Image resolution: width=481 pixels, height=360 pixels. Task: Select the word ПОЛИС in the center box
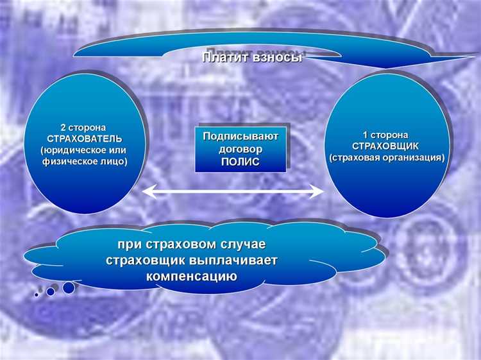(240, 161)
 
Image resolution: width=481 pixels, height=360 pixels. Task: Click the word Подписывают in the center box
(240, 136)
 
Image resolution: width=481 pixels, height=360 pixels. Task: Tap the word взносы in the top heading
(280, 58)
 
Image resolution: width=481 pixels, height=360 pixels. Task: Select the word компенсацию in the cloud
(192, 277)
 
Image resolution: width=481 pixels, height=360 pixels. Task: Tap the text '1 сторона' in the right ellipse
(386, 135)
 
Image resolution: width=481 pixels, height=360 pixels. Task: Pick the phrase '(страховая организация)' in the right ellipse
(386, 157)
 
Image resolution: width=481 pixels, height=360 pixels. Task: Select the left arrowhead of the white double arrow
(148, 191)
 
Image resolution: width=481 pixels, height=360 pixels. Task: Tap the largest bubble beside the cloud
(69, 287)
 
